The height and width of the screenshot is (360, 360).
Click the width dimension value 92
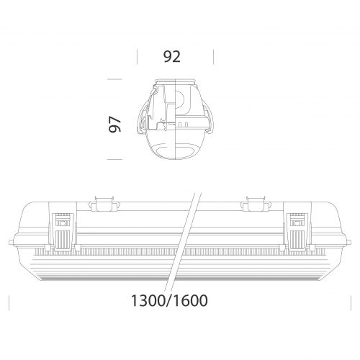tap(171, 57)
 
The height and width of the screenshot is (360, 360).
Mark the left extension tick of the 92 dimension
tap(137, 57)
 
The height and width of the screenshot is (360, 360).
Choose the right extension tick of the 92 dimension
tap(215, 57)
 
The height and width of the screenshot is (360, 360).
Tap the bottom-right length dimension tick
tap(348, 300)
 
